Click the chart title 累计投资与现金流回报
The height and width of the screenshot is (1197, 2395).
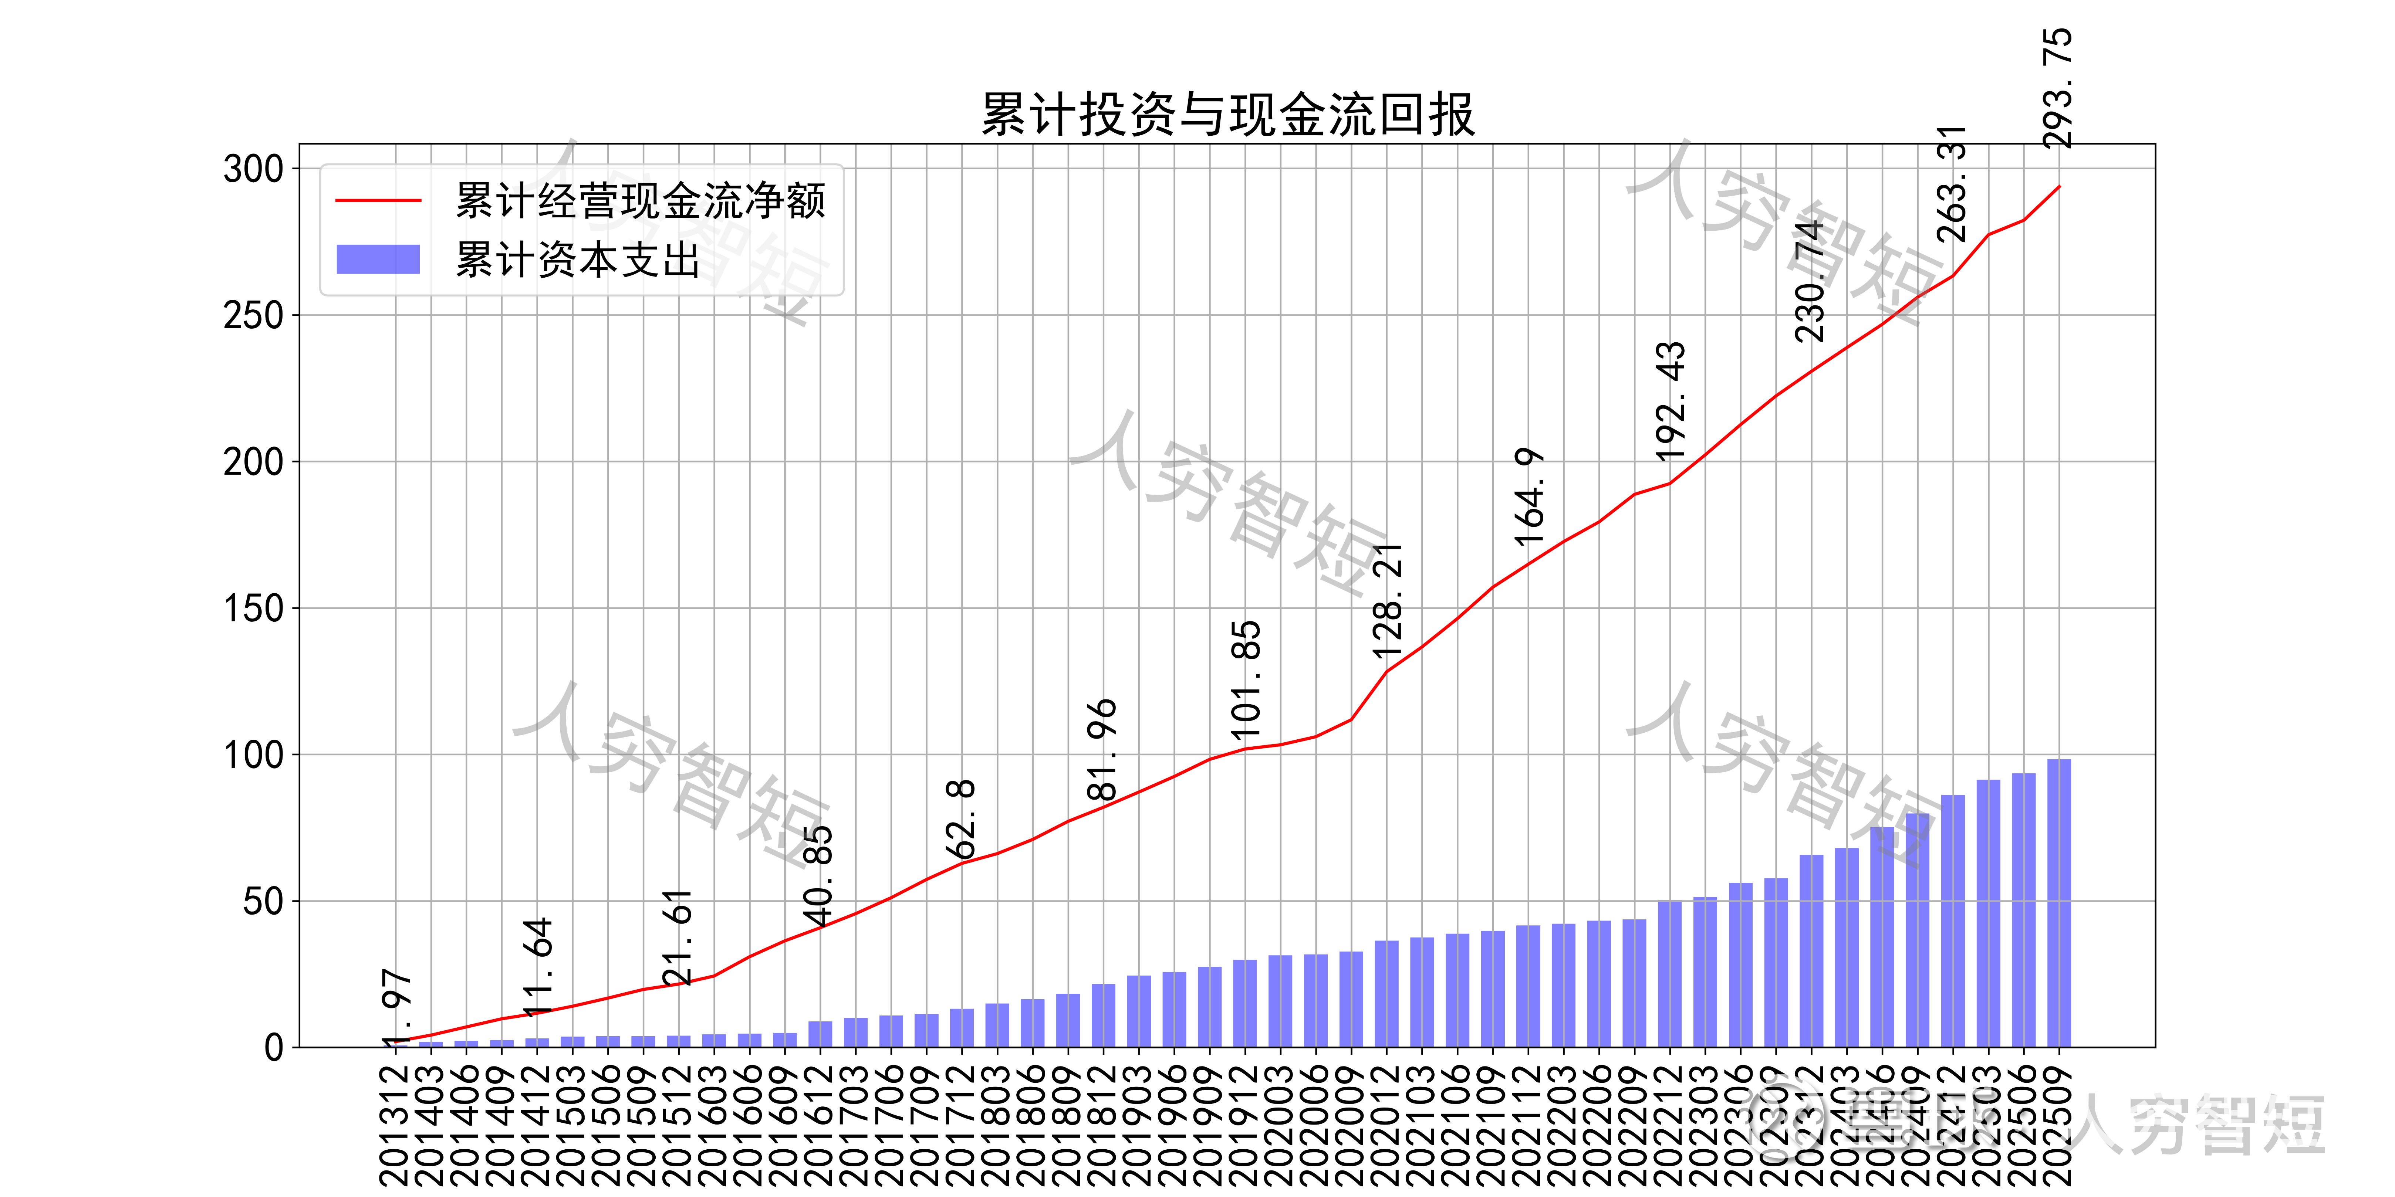1227,115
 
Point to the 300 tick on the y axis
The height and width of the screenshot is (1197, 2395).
253,169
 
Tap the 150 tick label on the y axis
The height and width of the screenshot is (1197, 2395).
253,609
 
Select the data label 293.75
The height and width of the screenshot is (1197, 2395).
2057,88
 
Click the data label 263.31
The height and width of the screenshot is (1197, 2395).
1952,184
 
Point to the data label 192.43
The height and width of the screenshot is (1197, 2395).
1670,401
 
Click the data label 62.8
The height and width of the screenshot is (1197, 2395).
960,820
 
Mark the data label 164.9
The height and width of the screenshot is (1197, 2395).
1528,497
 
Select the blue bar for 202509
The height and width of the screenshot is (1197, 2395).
2058,903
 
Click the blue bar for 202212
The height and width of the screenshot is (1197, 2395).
1670,974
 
